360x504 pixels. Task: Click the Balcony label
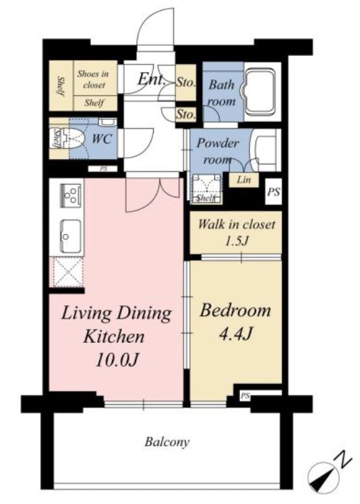tap(167, 442)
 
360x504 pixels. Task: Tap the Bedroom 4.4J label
tap(235, 322)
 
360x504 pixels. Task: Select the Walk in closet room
tap(236, 232)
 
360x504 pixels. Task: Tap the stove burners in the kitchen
tap(71, 195)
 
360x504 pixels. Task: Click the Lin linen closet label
tap(244, 179)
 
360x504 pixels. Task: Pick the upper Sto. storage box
tap(185, 83)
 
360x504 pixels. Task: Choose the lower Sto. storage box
tap(185, 115)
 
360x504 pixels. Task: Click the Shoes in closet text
tap(93, 79)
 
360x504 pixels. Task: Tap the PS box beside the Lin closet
tap(274, 191)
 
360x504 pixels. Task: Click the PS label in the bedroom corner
tap(245, 396)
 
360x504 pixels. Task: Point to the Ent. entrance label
tap(151, 79)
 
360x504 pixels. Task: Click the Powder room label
tap(218, 151)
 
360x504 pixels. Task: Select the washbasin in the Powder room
tap(265, 150)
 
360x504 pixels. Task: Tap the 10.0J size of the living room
tap(117, 360)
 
